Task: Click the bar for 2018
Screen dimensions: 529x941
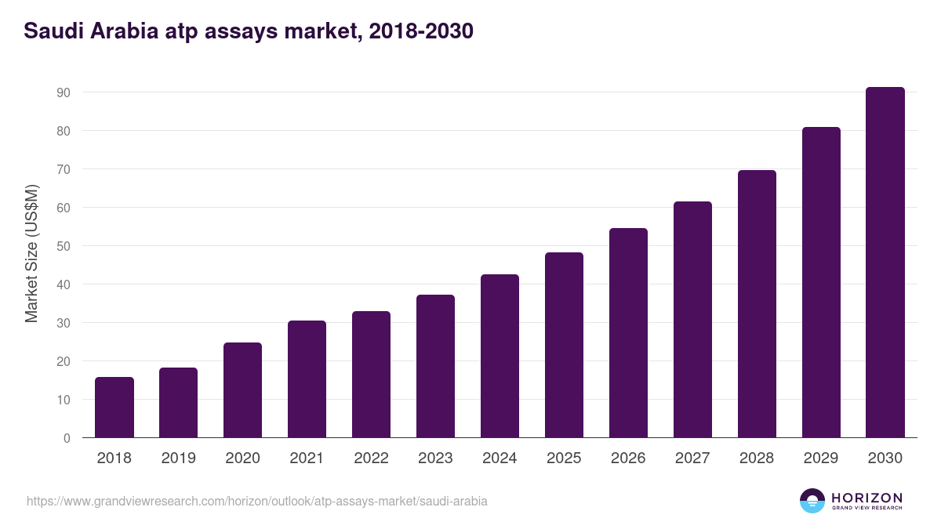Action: (x=114, y=408)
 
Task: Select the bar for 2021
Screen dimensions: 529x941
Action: (x=307, y=379)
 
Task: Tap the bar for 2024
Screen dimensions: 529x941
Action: (x=500, y=356)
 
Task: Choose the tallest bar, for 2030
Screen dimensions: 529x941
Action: (x=885, y=263)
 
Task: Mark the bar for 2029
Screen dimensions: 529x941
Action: (x=821, y=282)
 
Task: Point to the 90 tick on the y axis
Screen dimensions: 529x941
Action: (x=64, y=92)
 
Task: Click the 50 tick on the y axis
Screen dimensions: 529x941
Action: (x=64, y=246)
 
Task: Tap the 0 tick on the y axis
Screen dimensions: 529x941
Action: (x=67, y=438)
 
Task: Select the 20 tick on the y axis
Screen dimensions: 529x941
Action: (x=64, y=361)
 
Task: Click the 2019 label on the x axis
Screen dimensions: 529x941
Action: (x=179, y=458)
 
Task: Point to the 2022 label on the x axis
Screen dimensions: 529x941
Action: (x=372, y=458)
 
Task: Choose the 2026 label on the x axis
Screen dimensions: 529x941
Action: (x=629, y=458)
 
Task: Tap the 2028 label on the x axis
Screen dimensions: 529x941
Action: (x=758, y=458)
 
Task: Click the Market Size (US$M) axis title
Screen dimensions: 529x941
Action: (x=31, y=252)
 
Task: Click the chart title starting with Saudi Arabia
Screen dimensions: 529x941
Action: (x=249, y=31)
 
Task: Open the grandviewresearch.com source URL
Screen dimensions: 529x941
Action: (x=257, y=501)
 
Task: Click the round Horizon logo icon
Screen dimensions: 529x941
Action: (x=812, y=501)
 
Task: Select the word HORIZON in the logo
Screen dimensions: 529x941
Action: (x=867, y=497)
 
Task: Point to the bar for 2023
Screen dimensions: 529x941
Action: (x=436, y=366)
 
